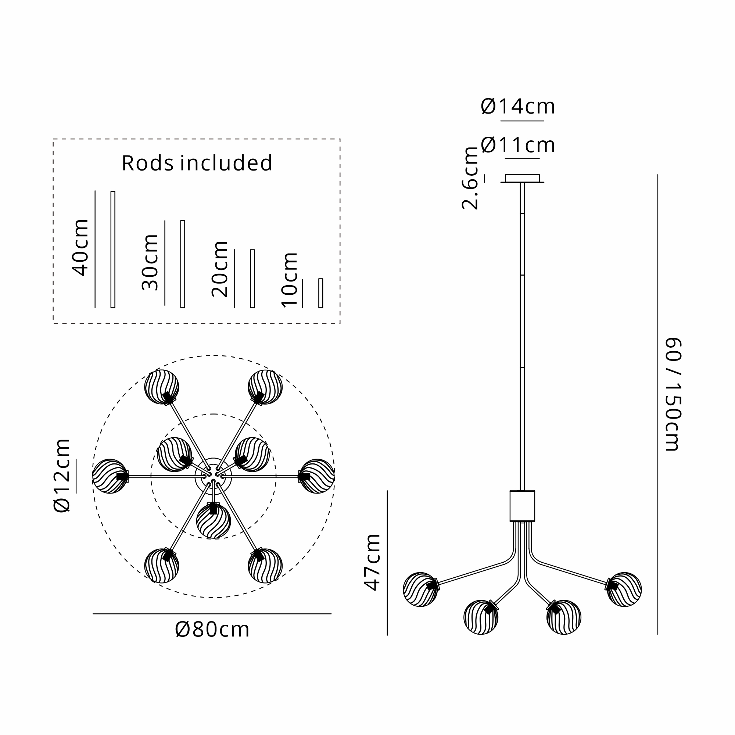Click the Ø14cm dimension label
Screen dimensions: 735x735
click(518, 107)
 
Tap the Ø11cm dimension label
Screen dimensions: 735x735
click(518, 145)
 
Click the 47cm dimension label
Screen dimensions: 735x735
click(372, 562)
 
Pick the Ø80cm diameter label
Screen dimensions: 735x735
click(212, 630)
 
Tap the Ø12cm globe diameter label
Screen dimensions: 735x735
click(62, 476)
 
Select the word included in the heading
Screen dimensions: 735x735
click(226, 163)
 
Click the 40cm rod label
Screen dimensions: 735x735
click(80, 247)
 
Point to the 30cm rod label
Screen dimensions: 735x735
click(150, 262)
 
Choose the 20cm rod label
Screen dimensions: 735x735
click(219, 269)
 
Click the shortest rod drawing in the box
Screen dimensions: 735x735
click(321, 293)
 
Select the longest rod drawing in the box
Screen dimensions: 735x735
click(112, 249)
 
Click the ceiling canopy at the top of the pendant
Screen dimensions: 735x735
click(522, 179)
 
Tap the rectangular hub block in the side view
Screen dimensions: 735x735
click(522, 506)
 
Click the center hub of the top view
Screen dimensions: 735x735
click(213, 476)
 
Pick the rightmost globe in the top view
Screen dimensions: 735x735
click(317, 476)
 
